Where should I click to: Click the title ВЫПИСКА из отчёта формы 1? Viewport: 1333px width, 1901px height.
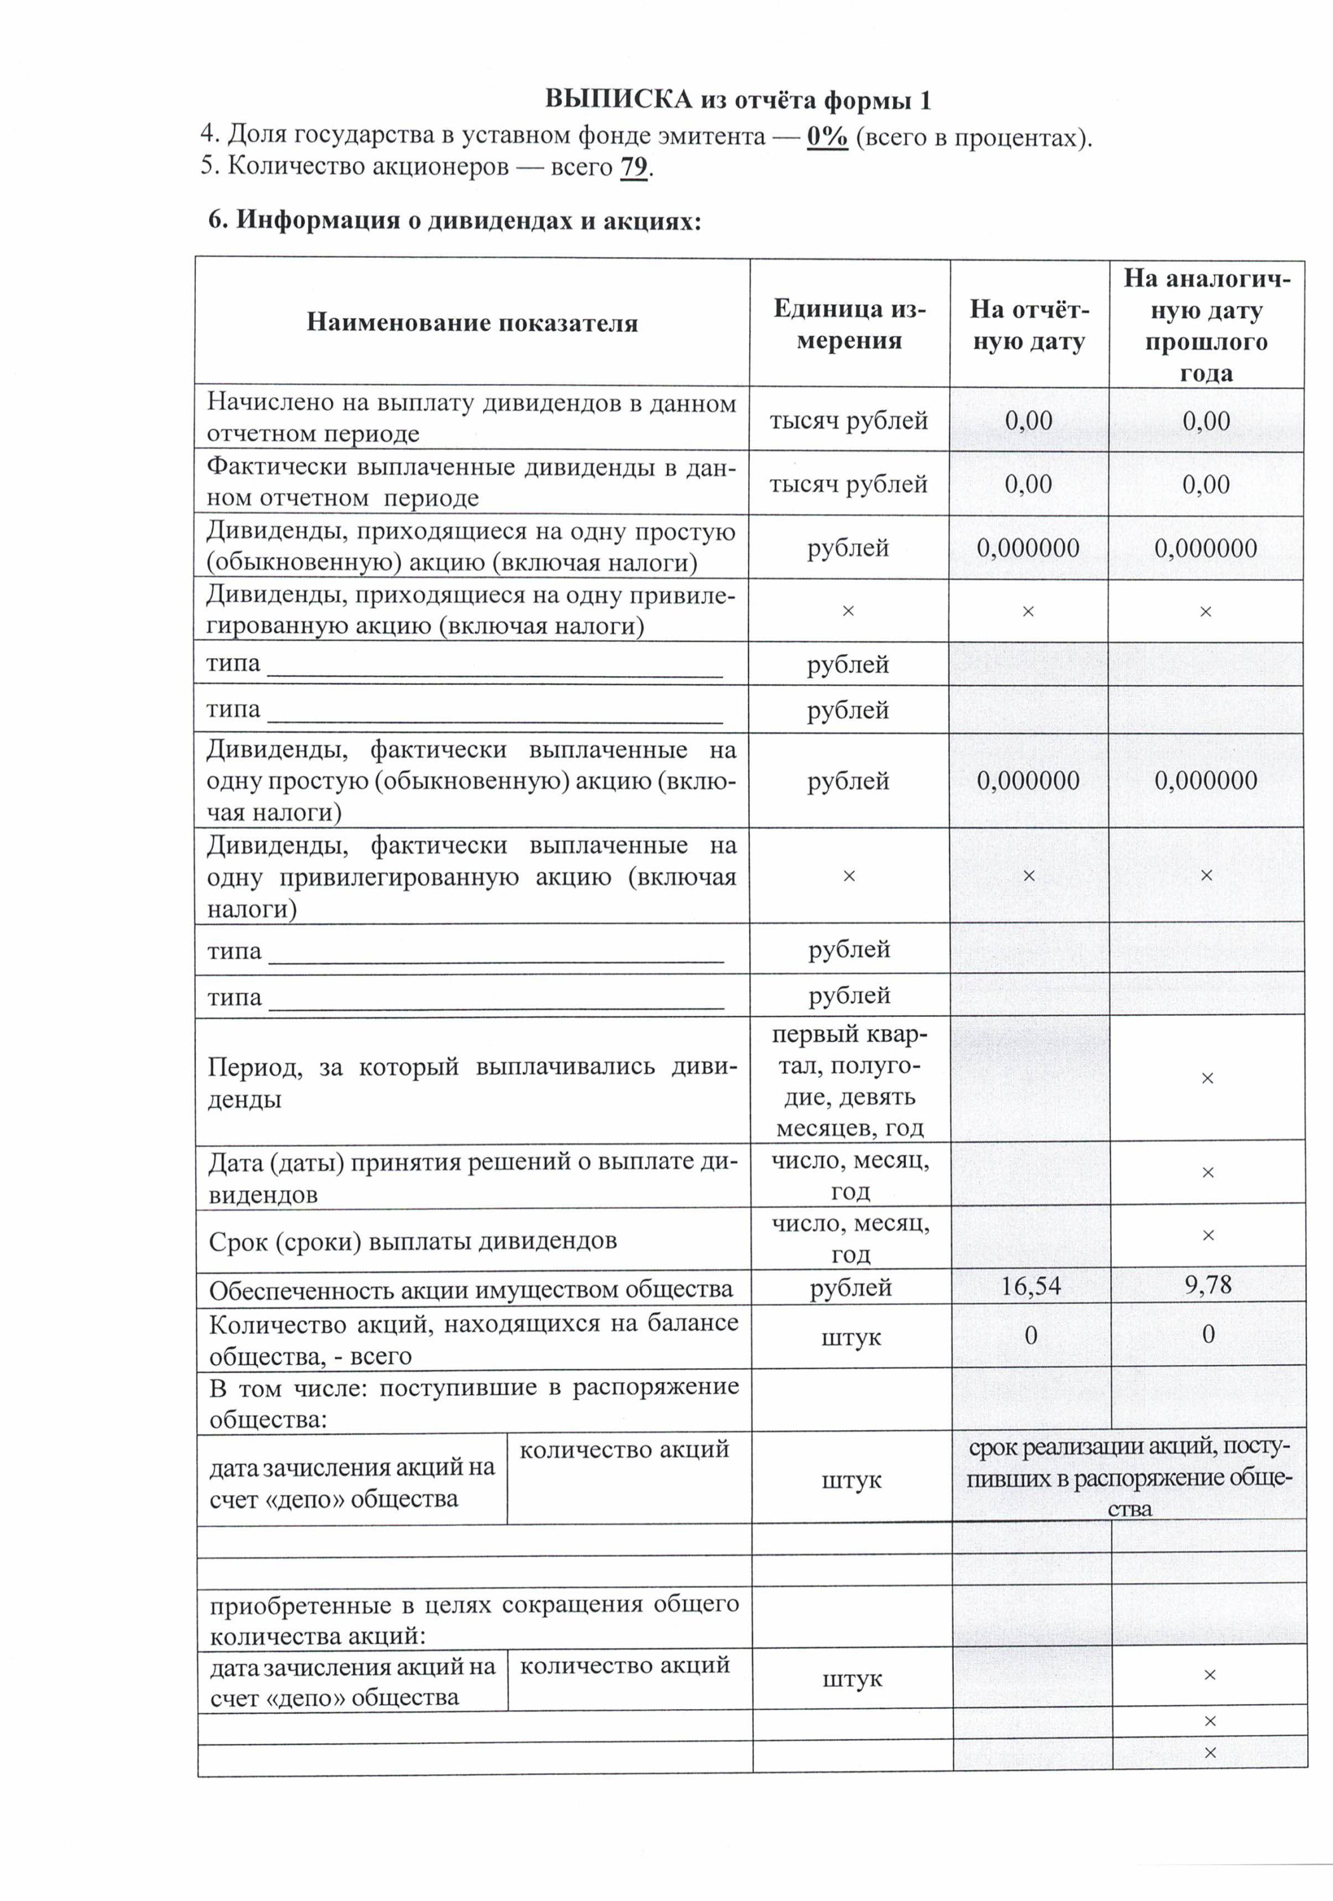tap(737, 100)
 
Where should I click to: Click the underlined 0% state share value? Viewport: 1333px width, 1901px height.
tap(827, 136)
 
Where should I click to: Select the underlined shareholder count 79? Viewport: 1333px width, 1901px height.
tap(634, 167)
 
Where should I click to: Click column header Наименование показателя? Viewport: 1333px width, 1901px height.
tap(472, 323)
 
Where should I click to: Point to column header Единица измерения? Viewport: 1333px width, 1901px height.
tap(849, 324)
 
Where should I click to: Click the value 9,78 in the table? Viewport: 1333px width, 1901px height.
tap(1208, 1285)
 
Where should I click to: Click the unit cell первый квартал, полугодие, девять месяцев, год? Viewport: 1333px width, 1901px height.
tap(850, 1080)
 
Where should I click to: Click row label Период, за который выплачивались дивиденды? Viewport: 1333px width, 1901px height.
tap(470, 1082)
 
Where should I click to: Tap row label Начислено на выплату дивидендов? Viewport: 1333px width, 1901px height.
tap(470, 418)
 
